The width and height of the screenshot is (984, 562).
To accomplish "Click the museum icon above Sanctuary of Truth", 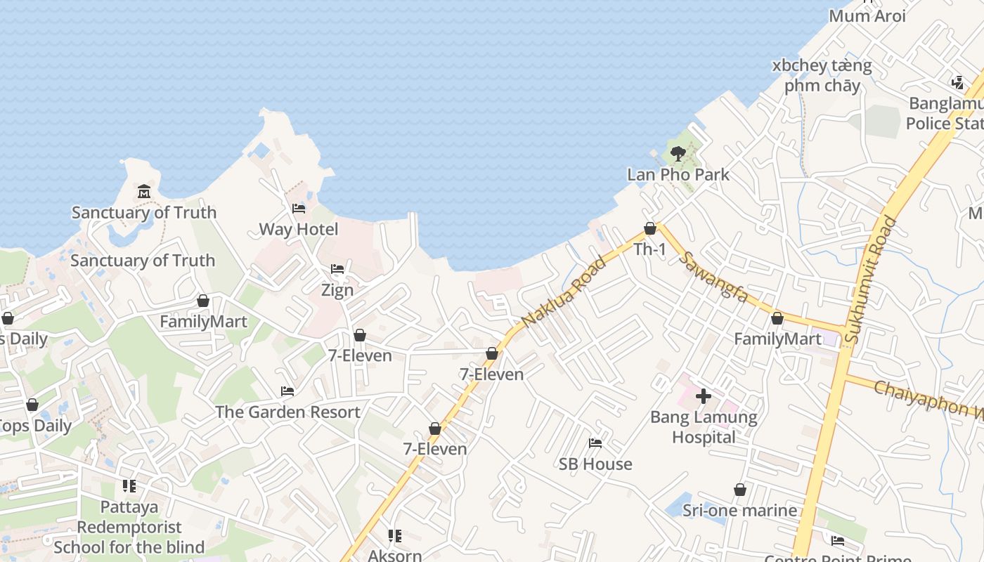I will coord(144,191).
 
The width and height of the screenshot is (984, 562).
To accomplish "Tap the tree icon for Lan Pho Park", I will coord(678,153).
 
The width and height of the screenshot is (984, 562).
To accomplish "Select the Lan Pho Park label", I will coord(678,174).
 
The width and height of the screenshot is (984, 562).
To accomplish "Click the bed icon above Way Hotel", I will coord(299,209).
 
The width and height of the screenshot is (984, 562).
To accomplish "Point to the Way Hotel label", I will coord(299,229).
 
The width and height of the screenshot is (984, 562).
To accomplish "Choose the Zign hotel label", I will coord(337,289).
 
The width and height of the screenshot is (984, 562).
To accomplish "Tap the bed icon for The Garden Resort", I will coord(287,391).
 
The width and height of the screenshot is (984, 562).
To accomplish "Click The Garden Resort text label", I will coord(287,412).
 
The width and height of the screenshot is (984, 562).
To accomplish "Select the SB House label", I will coord(595,464).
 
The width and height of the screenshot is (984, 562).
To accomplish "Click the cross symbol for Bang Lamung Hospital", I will coord(703,396).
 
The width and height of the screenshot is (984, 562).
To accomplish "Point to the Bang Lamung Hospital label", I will coord(704,427).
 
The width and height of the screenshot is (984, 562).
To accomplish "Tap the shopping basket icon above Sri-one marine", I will coord(739,490).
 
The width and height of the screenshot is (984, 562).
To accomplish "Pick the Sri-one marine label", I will coord(740,510).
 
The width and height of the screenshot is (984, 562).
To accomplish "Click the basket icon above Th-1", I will coord(650,228).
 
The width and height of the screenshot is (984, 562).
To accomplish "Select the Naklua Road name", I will coord(564,292).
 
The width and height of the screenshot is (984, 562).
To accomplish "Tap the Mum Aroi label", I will coord(867,15).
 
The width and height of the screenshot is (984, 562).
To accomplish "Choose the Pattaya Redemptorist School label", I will coord(129,527).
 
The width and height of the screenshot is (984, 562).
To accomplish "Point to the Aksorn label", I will coord(395,555).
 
